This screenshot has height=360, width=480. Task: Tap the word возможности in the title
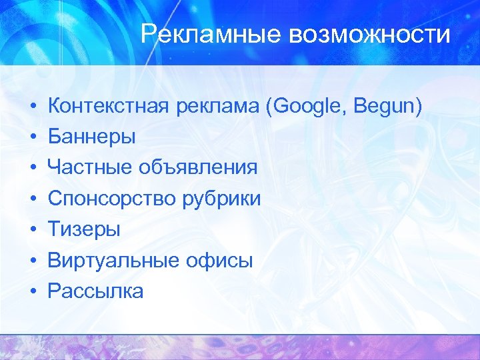[369, 34]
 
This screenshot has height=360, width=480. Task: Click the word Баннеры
[92, 137]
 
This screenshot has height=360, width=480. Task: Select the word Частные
[90, 168]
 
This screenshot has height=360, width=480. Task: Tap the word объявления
[198, 168]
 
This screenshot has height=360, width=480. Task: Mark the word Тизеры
[84, 229]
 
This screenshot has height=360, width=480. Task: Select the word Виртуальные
[109, 260]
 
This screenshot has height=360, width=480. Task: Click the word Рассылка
[95, 291]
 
